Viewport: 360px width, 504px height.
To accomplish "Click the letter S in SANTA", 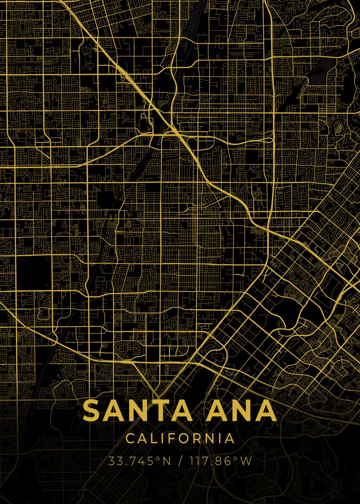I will click(92, 411).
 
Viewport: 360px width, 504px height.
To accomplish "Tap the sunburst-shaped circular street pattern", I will click(65, 51).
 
